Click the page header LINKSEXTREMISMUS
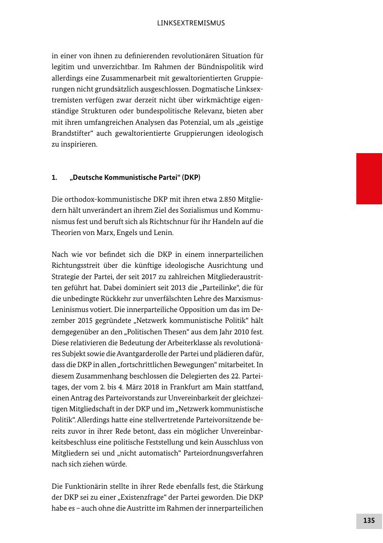191,23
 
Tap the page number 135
369,521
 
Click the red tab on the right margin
369,179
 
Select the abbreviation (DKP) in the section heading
191,178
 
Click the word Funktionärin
85,487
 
